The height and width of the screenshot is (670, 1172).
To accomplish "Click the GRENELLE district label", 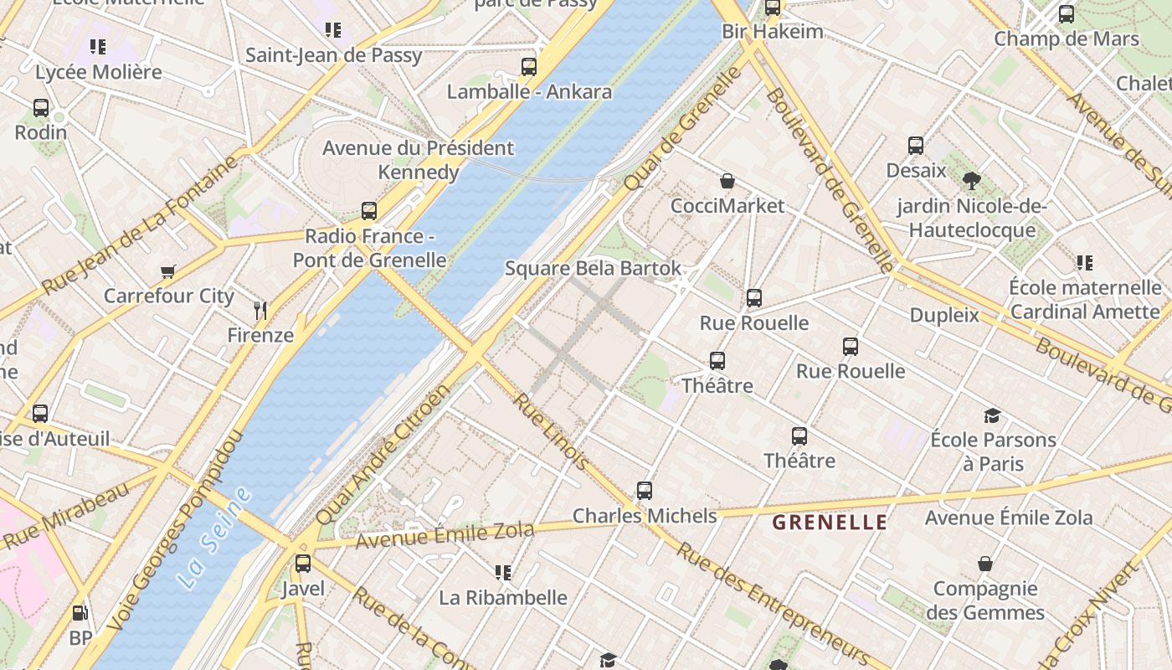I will pyautogui.click(x=829, y=523).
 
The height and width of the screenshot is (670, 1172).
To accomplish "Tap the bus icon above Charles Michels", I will pyautogui.click(x=644, y=491).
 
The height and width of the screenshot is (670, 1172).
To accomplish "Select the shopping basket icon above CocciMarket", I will pyautogui.click(x=727, y=181).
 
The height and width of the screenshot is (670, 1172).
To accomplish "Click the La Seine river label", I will pyautogui.click(x=214, y=538).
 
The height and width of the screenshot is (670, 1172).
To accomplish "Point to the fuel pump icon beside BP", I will pyautogui.click(x=80, y=614).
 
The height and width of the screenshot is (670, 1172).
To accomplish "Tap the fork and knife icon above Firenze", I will pyautogui.click(x=260, y=311).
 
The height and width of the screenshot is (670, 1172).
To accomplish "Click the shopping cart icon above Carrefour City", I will pyautogui.click(x=168, y=271).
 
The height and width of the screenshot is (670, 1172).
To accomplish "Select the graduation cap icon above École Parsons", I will pyautogui.click(x=992, y=415).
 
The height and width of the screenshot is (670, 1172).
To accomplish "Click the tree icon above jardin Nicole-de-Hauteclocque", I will pyautogui.click(x=971, y=180).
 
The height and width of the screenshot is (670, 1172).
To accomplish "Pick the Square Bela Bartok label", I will pyautogui.click(x=593, y=269).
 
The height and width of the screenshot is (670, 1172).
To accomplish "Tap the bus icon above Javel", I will pyautogui.click(x=303, y=564).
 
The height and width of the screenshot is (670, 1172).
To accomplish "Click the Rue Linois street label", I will pyautogui.click(x=550, y=431).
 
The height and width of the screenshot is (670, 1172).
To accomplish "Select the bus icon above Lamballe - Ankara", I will pyautogui.click(x=529, y=67).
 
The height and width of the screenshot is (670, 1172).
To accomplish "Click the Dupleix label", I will pyautogui.click(x=944, y=315).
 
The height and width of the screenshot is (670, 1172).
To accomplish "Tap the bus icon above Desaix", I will pyautogui.click(x=916, y=146).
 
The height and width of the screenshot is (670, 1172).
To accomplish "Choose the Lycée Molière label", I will pyautogui.click(x=98, y=72).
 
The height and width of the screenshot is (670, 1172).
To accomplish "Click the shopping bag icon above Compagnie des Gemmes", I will pyautogui.click(x=985, y=564).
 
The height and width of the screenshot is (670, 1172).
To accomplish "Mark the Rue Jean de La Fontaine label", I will pyautogui.click(x=141, y=225).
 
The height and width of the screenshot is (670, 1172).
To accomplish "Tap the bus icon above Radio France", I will pyautogui.click(x=369, y=211).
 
